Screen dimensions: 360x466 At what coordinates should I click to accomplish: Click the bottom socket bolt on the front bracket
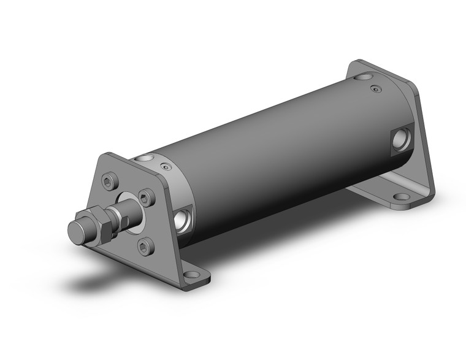144,248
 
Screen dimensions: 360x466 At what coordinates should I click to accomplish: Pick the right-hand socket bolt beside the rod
145,197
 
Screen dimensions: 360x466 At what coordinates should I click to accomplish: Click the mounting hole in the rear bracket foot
402,198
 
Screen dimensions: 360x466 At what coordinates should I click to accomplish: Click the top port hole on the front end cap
145,159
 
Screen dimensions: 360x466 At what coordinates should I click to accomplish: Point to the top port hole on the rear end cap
365,77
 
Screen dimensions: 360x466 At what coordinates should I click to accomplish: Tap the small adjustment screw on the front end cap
164,166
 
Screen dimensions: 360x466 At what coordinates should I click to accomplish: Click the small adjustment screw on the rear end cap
376,90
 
